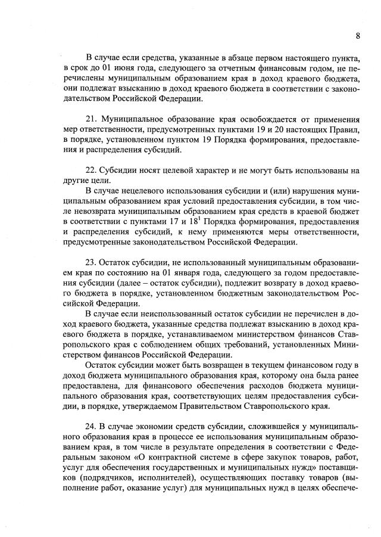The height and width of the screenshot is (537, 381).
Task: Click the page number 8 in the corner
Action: click(358, 36)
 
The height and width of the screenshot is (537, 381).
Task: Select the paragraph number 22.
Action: click(91, 170)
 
